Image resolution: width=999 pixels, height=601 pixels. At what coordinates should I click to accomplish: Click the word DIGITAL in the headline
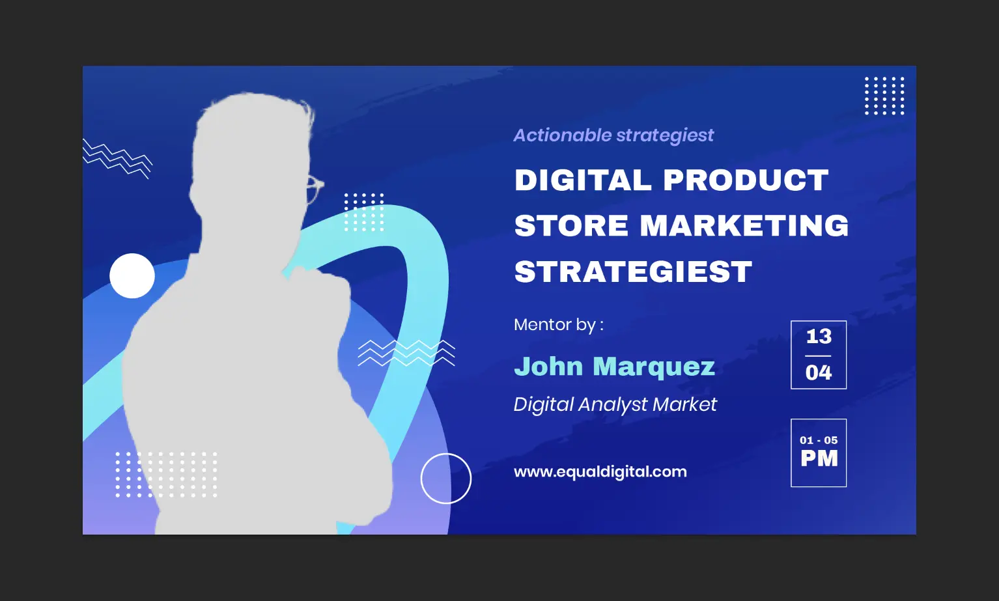point(583,180)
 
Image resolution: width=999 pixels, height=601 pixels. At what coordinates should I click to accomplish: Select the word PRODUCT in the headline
point(746,180)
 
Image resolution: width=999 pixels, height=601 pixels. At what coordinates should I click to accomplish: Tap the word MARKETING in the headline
point(744,225)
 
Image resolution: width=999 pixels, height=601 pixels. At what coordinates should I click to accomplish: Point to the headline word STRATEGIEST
point(633,271)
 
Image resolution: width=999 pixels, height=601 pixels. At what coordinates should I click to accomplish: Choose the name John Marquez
point(615,367)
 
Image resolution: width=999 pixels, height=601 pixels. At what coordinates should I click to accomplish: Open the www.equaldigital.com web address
point(600,471)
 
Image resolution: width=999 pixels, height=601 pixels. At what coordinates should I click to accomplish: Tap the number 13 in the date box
point(819,337)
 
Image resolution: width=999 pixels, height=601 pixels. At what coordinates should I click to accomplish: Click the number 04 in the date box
point(819,372)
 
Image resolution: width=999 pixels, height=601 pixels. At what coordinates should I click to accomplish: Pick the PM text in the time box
point(819,459)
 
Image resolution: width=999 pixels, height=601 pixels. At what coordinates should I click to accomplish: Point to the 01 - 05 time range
point(819,441)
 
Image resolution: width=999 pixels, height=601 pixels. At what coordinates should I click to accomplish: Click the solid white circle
point(132,275)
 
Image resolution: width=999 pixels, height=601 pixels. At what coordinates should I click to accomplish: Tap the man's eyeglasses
point(315,189)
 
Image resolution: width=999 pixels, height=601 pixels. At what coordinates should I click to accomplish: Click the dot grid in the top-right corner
point(884,96)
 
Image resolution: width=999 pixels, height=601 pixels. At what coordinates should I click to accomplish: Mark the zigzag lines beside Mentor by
point(406,353)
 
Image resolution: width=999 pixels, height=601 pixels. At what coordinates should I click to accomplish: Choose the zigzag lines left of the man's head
point(117,159)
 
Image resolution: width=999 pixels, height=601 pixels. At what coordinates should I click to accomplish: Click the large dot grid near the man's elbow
point(166,475)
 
